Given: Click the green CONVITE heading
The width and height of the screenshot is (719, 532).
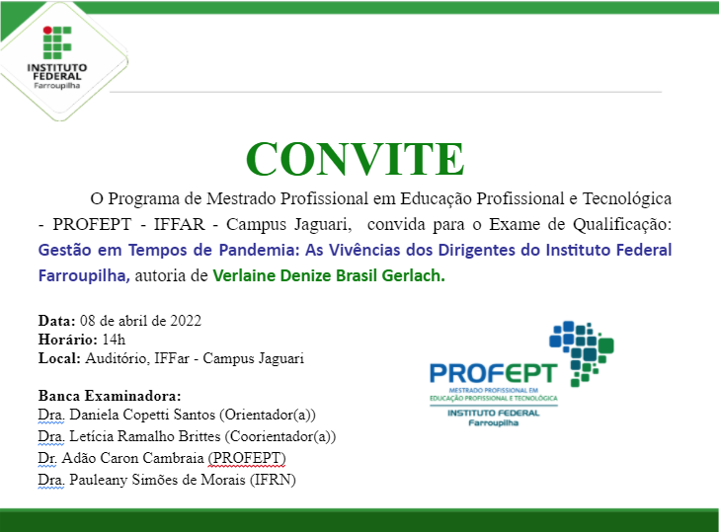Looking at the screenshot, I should (x=355, y=159).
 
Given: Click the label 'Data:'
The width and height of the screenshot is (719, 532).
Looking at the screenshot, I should (x=56, y=321).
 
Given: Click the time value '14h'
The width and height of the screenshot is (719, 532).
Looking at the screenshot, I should (x=116, y=340).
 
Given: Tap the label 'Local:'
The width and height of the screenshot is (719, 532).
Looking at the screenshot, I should (x=58, y=358).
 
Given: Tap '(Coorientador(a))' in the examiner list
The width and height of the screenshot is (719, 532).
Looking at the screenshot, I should (x=280, y=436).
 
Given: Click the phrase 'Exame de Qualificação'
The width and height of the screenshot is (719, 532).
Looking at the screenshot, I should (x=589, y=224).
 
